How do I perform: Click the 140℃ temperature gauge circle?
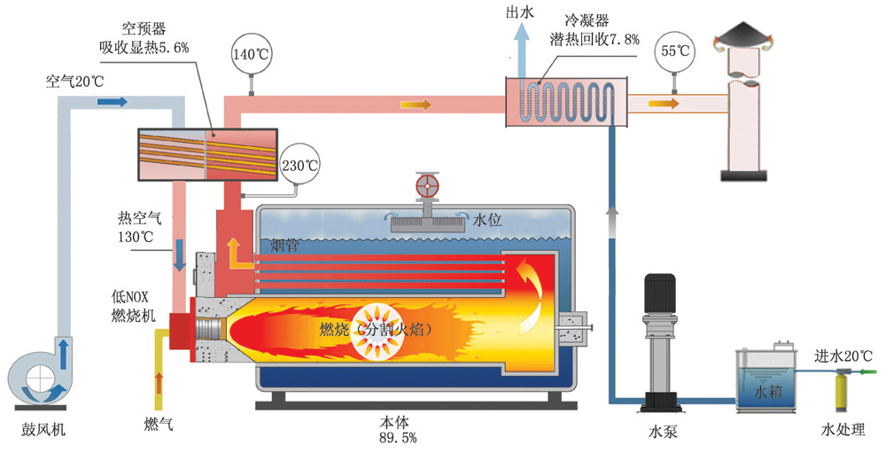(249, 53)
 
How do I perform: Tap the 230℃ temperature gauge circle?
(299, 165)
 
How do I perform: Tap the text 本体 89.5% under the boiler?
(397, 429)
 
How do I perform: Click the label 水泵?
(659, 432)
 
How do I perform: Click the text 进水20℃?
(843, 356)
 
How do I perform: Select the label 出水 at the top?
(518, 12)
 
